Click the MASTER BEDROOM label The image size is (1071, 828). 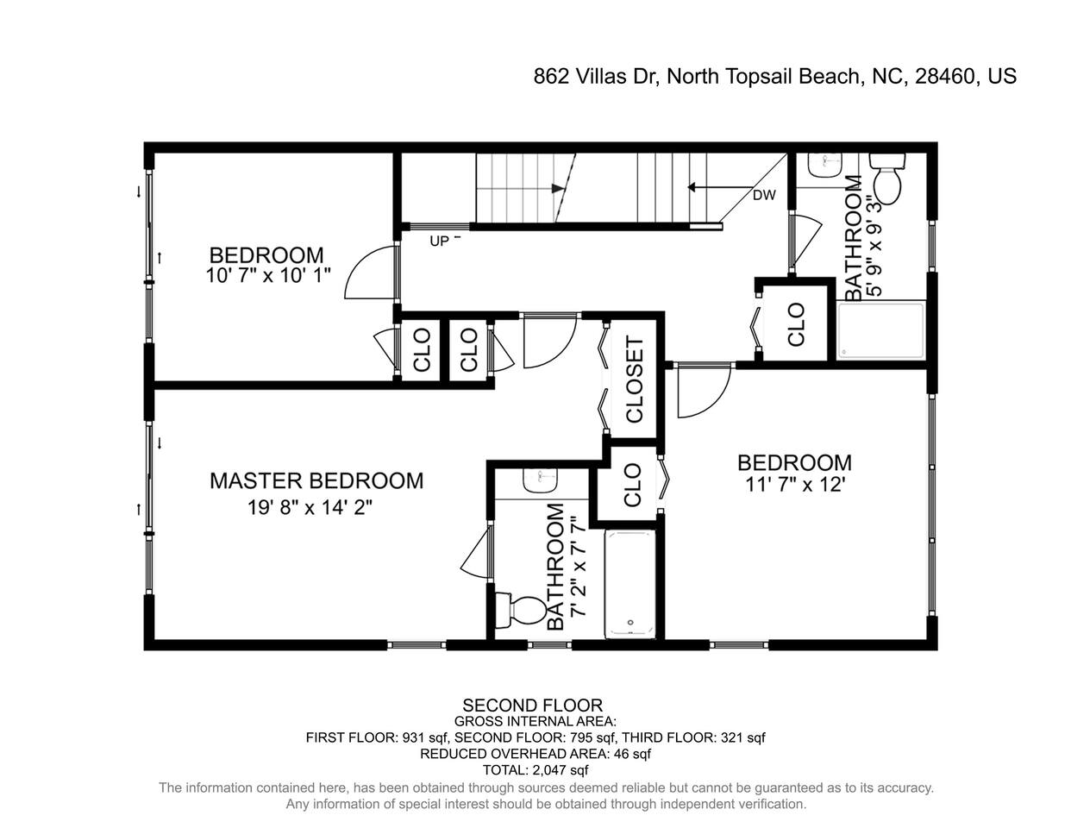pyautogui.click(x=316, y=481)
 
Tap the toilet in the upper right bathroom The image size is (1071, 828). pyautogui.click(x=887, y=179)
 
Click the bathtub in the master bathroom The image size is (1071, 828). pyautogui.click(x=630, y=585)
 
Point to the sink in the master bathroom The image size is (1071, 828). pyautogui.click(x=541, y=480)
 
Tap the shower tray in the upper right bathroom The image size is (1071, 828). pyautogui.click(x=880, y=330)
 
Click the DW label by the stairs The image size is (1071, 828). pyautogui.click(x=764, y=195)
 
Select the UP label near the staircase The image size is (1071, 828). pyautogui.click(x=439, y=241)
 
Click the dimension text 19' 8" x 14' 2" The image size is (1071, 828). pyautogui.click(x=310, y=507)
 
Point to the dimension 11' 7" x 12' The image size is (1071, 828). pyautogui.click(x=795, y=485)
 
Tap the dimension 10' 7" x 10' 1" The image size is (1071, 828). pyautogui.click(x=267, y=275)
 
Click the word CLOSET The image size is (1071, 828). pyautogui.click(x=635, y=379)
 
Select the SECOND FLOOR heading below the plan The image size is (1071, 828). pyautogui.click(x=532, y=706)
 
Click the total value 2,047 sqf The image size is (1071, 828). pyautogui.click(x=561, y=770)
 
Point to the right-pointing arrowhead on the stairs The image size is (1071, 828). pyautogui.click(x=558, y=188)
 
